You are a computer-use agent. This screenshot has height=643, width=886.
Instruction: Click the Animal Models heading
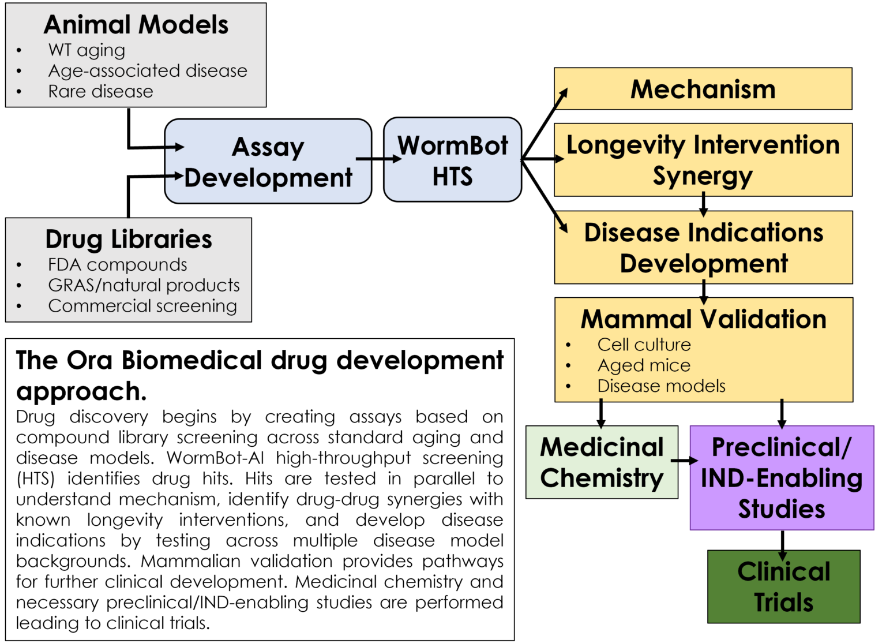[136, 25]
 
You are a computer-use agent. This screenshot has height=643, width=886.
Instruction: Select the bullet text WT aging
[87, 50]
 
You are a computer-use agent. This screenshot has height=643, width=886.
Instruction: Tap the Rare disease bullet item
[100, 92]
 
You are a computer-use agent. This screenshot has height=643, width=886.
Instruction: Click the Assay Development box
[268, 162]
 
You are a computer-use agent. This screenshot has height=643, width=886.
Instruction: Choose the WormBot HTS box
[453, 160]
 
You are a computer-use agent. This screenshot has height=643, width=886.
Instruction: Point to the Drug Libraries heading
[129, 239]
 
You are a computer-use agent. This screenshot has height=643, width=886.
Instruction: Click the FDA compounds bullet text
[118, 265]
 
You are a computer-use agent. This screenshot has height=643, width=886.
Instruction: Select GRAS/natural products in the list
[144, 285]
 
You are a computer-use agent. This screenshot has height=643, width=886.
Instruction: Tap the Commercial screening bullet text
[142, 306]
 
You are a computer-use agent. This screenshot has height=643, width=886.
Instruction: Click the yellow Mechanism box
[703, 89]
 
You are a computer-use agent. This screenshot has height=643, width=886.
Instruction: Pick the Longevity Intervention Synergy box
[703, 160]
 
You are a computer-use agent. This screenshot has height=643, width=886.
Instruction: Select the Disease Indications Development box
[703, 248]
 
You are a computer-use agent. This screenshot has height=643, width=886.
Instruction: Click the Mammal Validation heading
[703, 319]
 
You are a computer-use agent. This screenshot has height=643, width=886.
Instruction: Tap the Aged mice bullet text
[644, 365]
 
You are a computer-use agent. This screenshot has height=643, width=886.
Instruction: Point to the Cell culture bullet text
[644, 345]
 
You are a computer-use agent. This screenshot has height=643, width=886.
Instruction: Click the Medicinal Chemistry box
[602, 462]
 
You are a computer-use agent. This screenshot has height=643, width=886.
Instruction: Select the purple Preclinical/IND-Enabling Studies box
[782, 478]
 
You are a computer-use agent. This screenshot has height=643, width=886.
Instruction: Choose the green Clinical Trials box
[783, 586]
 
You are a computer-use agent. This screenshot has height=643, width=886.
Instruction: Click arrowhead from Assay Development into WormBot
[397, 158]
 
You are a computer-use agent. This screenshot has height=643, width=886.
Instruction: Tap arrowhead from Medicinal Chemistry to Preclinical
[693, 461]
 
